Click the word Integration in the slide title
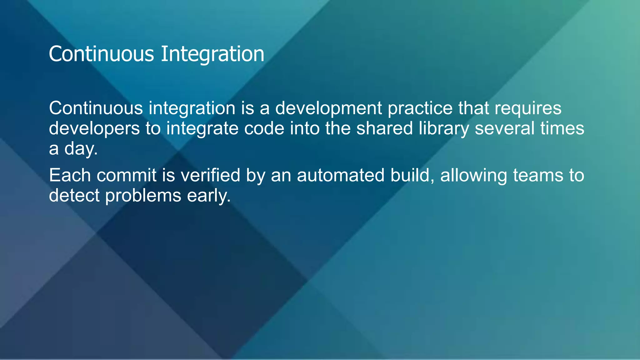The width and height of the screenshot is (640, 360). pos(212,54)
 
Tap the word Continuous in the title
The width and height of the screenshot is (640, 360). pos(101,54)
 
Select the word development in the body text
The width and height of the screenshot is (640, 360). pos(328,108)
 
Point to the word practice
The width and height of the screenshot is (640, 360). pos(420,108)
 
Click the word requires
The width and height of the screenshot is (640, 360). pos(528,108)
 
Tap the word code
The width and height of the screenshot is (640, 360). pos(264,129)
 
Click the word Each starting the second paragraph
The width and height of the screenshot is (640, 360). pos(70,175)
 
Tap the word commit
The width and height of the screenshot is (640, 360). pos(126,175)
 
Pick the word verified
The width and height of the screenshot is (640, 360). pos(210,175)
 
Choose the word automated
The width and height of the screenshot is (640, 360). pos(340,175)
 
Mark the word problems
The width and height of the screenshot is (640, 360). pos(143,196)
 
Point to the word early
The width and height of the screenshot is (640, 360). pos(208,196)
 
